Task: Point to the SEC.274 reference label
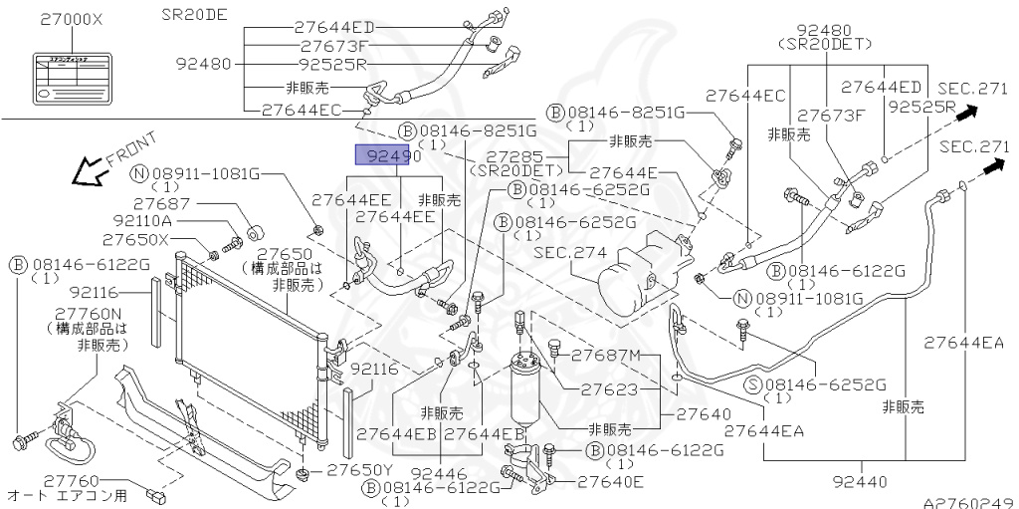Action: tap(570, 252)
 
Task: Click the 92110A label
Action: tap(142, 221)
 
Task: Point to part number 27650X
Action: tap(141, 242)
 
